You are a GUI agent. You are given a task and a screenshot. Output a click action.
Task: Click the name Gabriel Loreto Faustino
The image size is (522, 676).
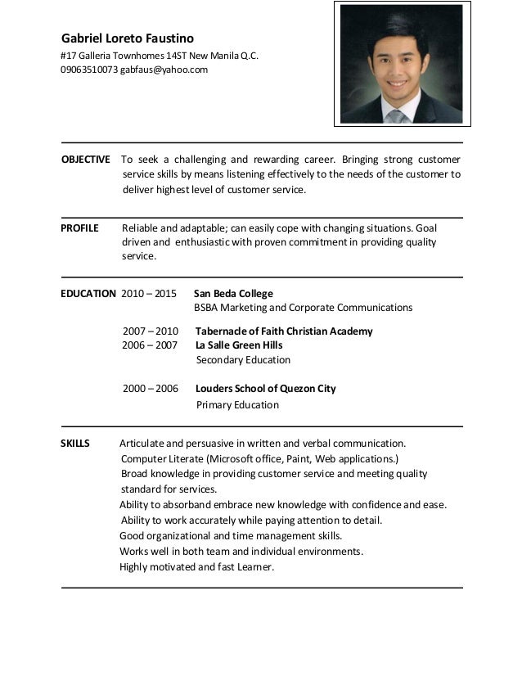[128, 38]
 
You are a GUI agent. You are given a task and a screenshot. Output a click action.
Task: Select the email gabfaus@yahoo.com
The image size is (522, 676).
[164, 70]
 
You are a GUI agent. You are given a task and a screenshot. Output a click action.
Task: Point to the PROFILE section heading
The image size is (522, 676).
[79, 228]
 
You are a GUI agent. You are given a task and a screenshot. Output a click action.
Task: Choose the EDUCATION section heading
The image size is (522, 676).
[88, 293]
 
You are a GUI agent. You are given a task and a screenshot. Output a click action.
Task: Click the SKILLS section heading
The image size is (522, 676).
[75, 444]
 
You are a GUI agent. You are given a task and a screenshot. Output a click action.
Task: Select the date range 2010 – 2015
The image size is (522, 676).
[148, 293]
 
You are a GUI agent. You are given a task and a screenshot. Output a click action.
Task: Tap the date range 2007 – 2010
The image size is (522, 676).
[151, 331]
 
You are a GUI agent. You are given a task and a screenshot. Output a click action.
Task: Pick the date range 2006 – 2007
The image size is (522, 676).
[151, 345]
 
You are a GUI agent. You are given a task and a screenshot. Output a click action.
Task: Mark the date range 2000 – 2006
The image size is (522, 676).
[151, 389]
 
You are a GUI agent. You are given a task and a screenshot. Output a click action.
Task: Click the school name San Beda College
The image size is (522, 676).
[233, 293]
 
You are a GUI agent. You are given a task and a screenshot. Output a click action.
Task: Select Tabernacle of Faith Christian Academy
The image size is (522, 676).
[284, 331]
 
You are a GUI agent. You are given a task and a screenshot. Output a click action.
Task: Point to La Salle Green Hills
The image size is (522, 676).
[239, 345]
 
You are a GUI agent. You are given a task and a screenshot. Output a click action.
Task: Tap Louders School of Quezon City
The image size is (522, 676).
[266, 389]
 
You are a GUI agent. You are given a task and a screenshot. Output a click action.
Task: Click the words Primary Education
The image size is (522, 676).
[237, 404]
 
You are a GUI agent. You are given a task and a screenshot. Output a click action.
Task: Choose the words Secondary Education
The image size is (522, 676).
[243, 360]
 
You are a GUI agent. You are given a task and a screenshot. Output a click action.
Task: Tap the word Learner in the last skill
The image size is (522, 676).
[253, 567]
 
